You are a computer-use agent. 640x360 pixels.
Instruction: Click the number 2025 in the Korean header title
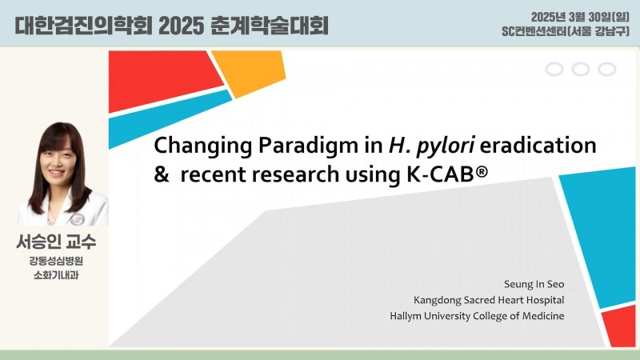(182, 26)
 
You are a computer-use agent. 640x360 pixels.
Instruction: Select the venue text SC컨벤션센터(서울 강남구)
(566, 31)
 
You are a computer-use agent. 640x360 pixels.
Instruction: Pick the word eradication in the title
(538, 145)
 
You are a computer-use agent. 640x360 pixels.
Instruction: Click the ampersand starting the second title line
(162, 174)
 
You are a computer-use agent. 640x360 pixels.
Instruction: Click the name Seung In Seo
(534, 284)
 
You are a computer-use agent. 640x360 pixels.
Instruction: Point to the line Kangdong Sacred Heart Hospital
(489, 300)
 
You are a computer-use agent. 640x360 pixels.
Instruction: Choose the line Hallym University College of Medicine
(477, 316)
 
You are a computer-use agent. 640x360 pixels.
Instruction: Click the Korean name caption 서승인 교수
(56, 242)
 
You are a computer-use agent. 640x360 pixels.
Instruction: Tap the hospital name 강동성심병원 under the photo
(56, 261)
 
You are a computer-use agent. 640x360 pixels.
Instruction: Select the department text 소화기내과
(56, 275)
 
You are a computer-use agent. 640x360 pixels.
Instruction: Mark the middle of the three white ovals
(581, 70)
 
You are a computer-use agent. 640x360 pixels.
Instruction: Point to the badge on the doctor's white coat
(77, 219)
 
